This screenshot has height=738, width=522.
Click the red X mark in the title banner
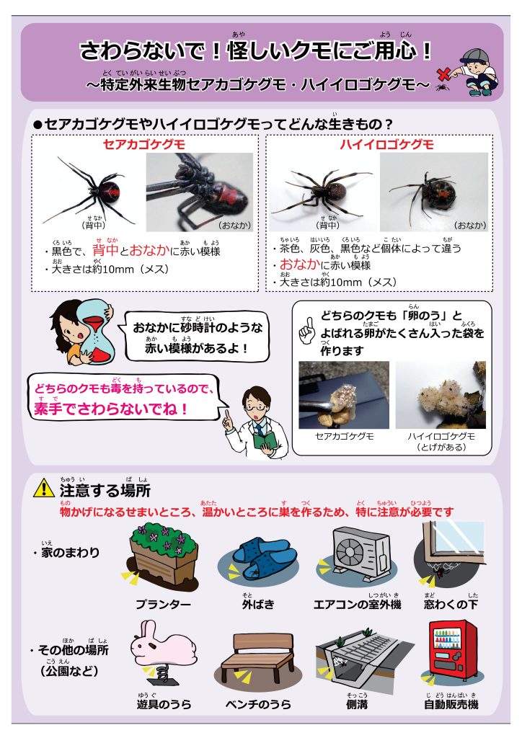click(x=444, y=74)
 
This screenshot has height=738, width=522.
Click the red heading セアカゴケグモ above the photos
click(x=144, y=144)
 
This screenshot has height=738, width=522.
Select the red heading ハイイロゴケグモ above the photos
click(x=386, y=144)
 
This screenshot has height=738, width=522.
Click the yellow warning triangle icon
click(x=44, y=488)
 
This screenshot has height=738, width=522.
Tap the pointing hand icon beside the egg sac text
click(x=306, y=330)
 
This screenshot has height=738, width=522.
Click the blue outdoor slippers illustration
click(x=258, y=559)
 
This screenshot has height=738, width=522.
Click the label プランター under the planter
click(x=163, y=604)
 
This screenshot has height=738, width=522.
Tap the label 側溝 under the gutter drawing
click(x=357, y=704)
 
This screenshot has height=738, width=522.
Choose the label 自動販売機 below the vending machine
click(x=451, y=704)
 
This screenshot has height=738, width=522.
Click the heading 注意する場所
click(x=105, y=490)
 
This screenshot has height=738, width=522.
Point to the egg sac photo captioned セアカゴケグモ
click(x=344, y=395)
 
